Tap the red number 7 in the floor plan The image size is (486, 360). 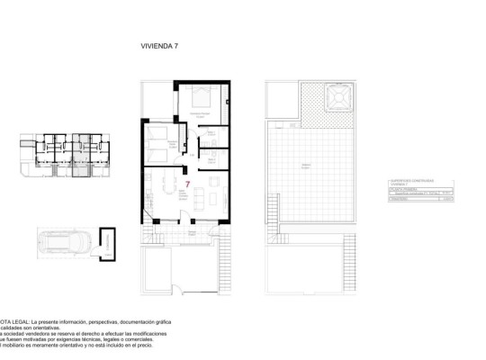pos(186,184)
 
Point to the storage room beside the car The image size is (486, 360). pos(109,242)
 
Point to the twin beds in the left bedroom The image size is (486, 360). pos(159,144)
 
